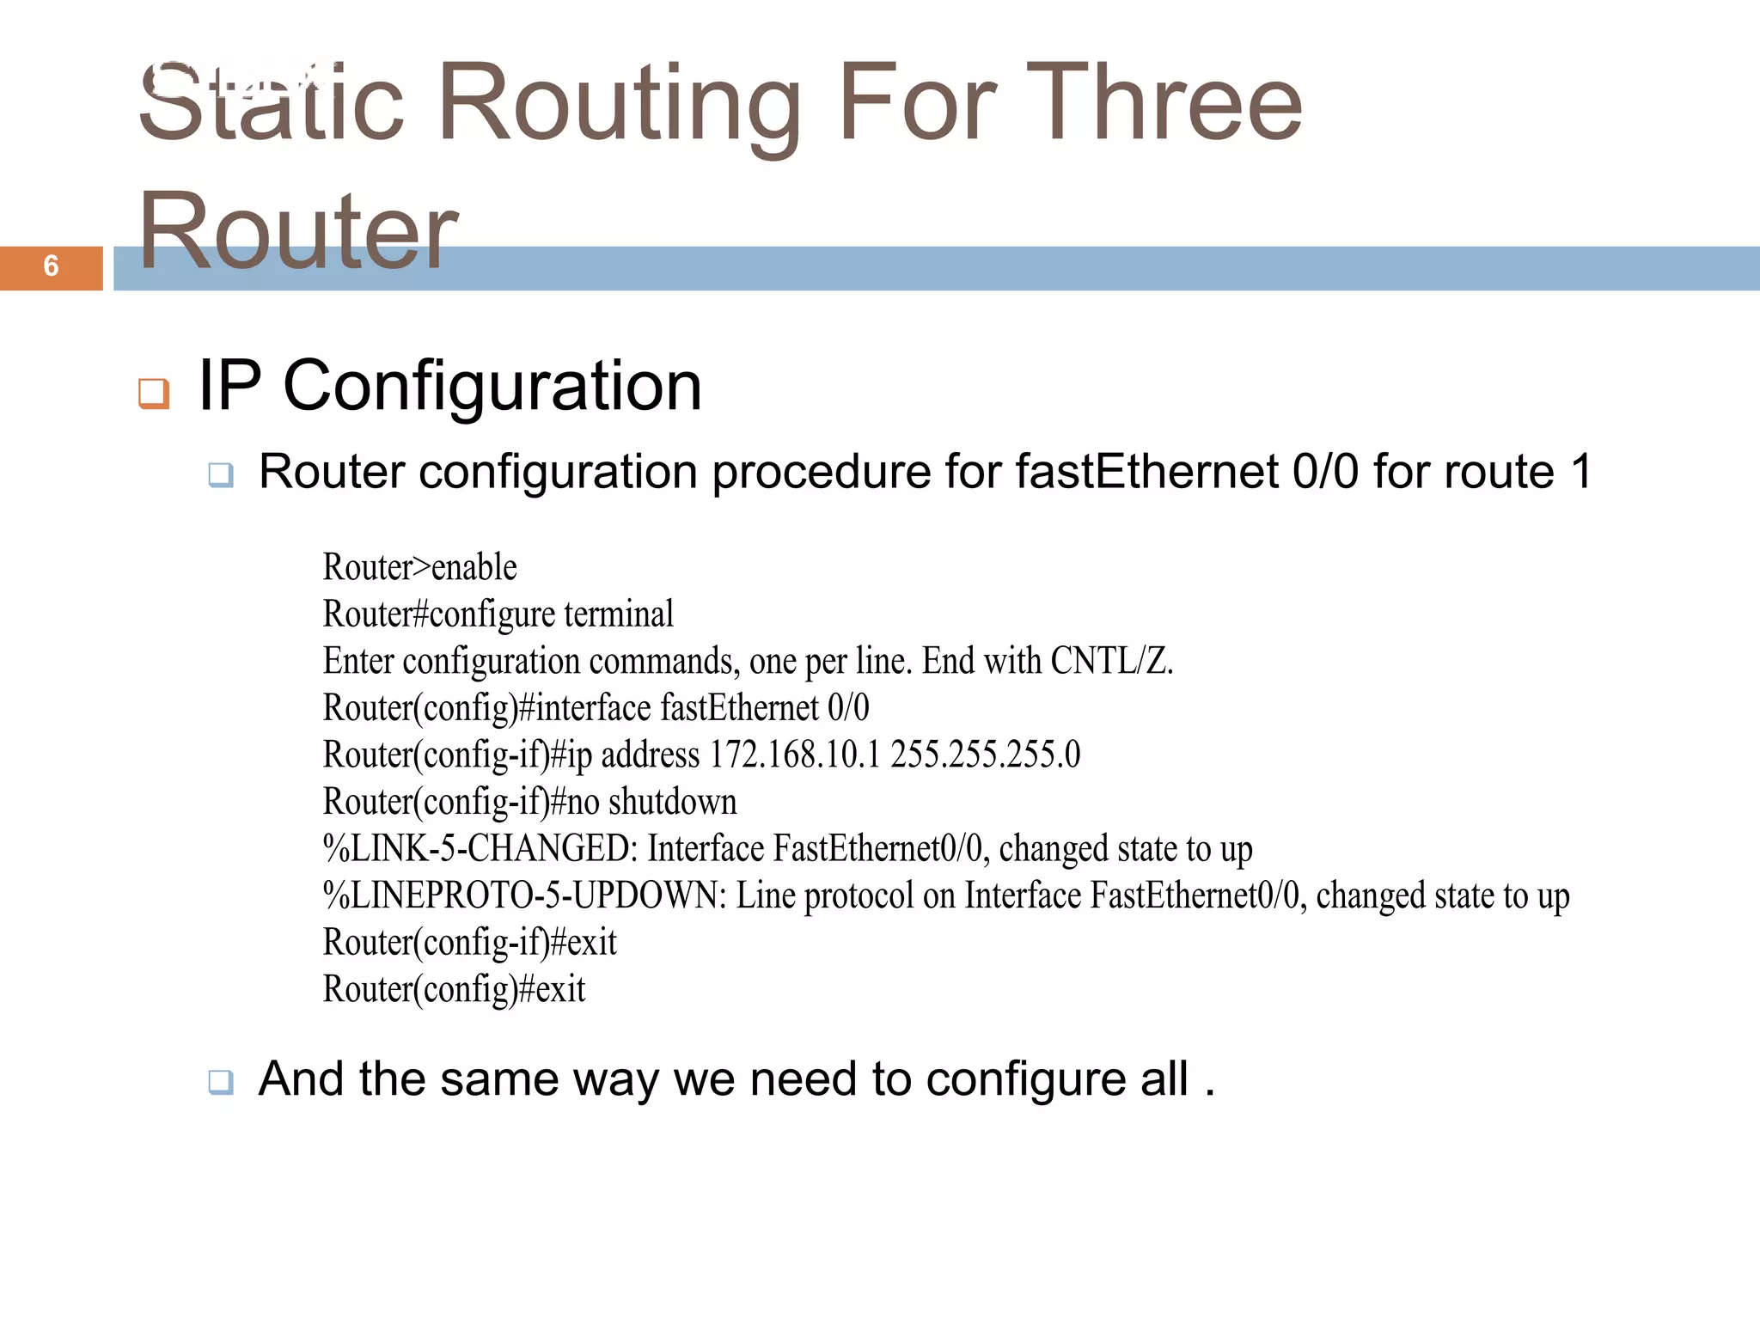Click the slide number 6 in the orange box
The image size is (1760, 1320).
tap(51, 266)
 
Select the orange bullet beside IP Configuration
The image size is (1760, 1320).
tap(154, 393)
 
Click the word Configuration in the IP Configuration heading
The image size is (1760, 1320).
tap(492, 387)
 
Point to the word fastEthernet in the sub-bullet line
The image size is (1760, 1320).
tap(1146, 472)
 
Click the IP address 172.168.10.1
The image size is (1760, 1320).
tap(795, 755)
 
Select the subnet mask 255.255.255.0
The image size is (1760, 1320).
tap(985, 755)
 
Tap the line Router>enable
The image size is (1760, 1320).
tap(419, 567)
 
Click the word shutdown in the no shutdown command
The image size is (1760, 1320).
tap(673, 802)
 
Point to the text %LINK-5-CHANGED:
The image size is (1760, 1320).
tap(480, 848)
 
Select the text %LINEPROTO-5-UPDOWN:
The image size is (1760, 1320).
tap(525, 895)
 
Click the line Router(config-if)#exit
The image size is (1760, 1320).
tap(469, 943)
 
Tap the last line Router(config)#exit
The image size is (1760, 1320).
tap(454, 989)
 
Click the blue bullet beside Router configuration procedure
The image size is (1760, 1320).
tap(221, 474)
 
